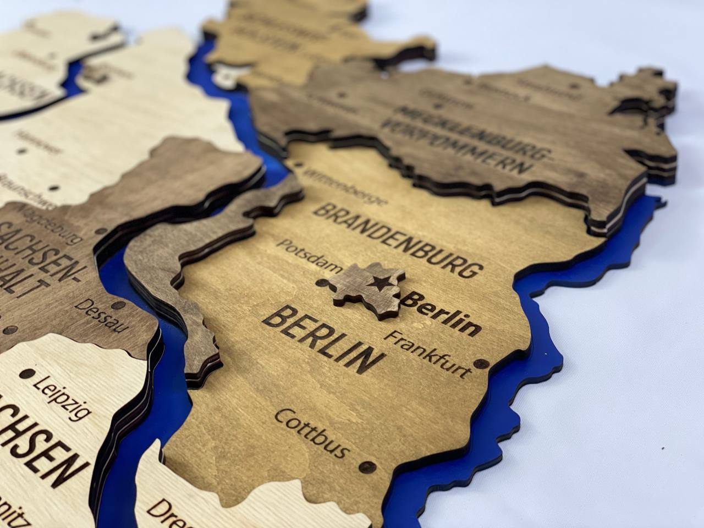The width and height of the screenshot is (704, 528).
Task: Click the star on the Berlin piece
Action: tap(378, 284)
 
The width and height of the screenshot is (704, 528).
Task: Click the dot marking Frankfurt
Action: tap(483, 364)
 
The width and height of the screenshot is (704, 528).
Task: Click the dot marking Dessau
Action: tap(117, 303)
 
